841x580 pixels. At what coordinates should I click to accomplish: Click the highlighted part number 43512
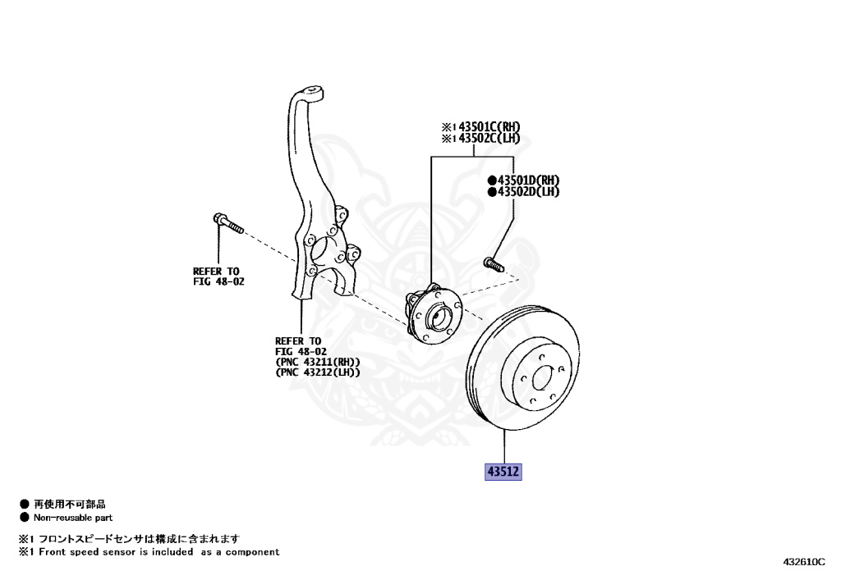point(503,472)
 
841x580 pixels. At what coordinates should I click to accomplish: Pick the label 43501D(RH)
point(527,180)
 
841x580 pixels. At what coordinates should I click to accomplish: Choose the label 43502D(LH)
point(527,192)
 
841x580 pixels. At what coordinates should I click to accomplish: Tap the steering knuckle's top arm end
point(310,93)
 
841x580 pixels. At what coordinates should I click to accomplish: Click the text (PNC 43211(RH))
point(318,362)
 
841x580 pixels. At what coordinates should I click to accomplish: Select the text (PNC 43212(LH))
point(318,372)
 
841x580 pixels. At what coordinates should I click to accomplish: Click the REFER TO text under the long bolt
point(216,271)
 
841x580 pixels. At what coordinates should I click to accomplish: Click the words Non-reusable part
point(73,518)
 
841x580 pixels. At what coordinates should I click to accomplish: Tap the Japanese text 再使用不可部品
point(69,505)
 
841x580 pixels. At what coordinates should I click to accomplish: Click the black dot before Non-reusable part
point(25,518)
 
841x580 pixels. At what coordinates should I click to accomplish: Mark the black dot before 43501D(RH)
point(492,180)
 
